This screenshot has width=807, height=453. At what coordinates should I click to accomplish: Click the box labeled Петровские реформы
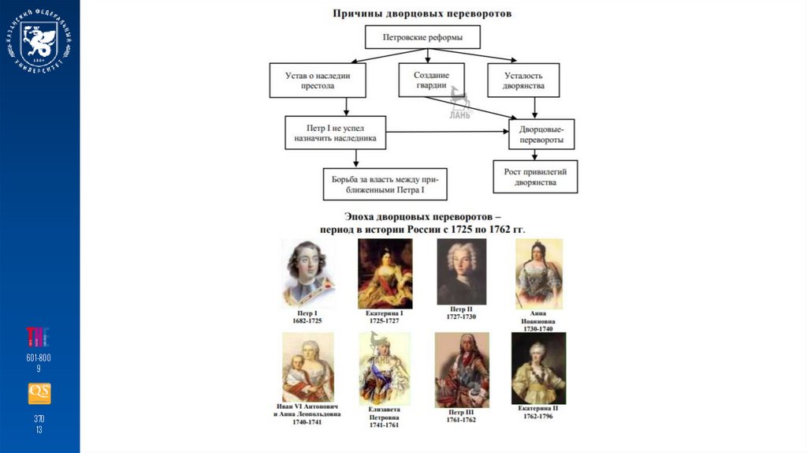point(422,37)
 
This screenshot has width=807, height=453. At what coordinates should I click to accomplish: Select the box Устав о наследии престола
point(318,80)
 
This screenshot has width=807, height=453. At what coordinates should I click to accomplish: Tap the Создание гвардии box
point(431,80)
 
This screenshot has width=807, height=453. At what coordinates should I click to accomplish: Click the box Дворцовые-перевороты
point(541,133)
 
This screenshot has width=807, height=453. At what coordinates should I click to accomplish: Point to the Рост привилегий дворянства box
point(535,177)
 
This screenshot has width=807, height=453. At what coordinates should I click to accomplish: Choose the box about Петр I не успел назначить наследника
point(336,133)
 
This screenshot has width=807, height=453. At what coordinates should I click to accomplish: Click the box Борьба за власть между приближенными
point(385,185)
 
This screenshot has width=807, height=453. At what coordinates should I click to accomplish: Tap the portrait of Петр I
point(308,274)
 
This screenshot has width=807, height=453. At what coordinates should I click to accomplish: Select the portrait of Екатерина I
point(385,274)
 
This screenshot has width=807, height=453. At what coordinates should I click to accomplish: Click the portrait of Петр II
point(461,271)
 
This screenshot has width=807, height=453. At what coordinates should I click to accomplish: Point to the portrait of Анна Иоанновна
point(539,273)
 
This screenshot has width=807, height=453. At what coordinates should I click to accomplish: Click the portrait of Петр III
point(461,369)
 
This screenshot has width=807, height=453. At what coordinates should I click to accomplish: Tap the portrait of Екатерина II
point(539,369)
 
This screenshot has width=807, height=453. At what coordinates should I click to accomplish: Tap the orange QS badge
point(39,393)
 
